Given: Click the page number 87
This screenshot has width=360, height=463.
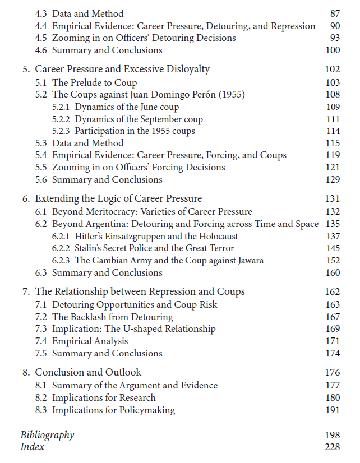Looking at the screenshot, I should pos(335,13).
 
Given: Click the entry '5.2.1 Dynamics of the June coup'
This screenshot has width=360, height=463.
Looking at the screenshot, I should pos(116,107).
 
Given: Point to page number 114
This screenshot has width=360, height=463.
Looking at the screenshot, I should pos(333,131).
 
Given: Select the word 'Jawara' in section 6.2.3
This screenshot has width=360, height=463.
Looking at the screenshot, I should pos(249,260).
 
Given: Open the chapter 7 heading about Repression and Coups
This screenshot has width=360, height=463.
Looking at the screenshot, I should pos(140,291).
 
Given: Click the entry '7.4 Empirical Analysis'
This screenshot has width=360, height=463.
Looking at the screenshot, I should pos(90,341).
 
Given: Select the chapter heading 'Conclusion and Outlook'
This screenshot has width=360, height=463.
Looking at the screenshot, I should pos(88,372).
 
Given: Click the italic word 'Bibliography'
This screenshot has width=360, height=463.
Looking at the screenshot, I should pos(47,435).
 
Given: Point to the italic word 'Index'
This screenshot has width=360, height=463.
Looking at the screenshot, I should pos(32,447).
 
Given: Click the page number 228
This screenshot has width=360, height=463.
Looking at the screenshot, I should pos(332,447).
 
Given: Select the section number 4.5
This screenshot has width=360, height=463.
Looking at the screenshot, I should pos(41,38).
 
